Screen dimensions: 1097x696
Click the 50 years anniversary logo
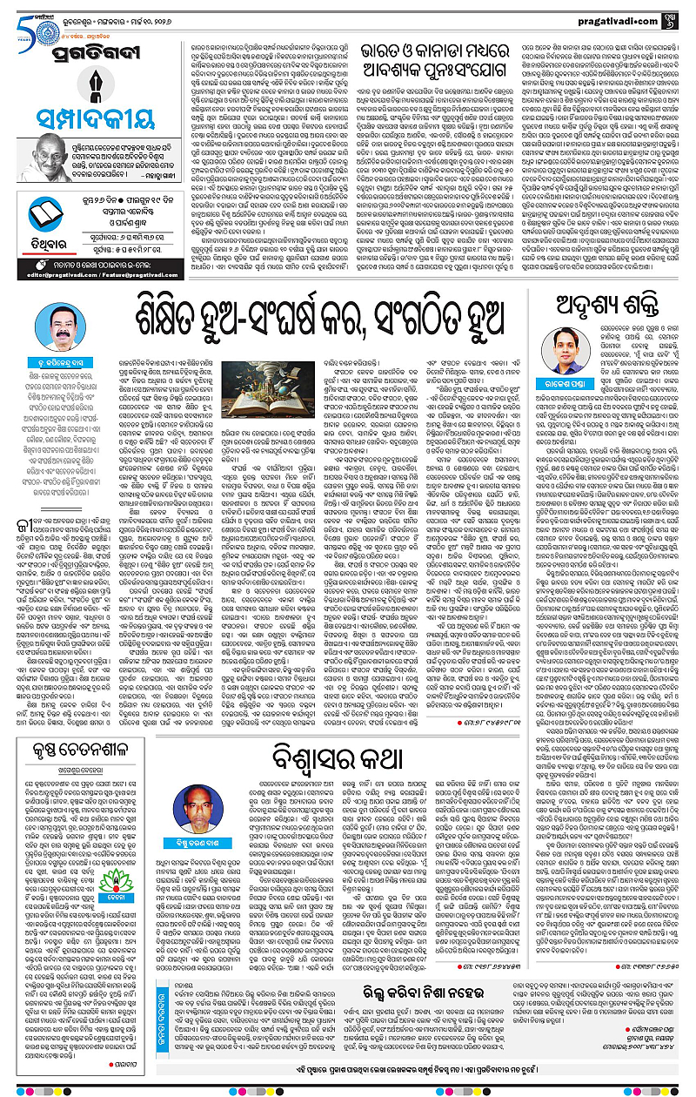point(18,17)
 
